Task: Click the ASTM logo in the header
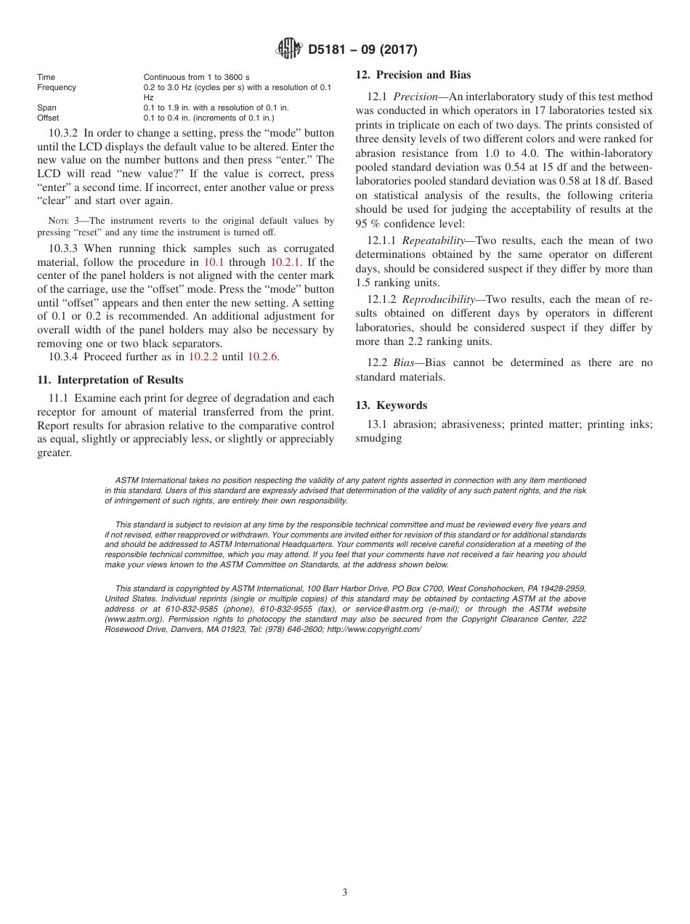point(290,49)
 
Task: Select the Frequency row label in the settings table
point(57,87)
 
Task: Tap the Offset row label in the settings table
point(48,118)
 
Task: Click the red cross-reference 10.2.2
point(203,357)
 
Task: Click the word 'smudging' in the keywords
point(378,438)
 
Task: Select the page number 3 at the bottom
point(345,893)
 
